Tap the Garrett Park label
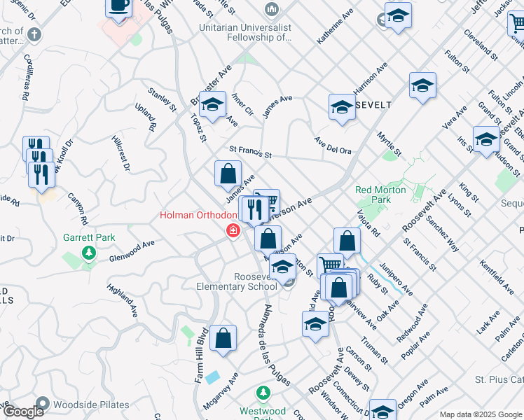tap(89, 237)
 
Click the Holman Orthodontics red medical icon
tap(232, 230)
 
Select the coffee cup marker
tap(118, 6)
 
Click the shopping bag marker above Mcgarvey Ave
tap(222, 339)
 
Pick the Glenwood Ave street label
tap(132, 252)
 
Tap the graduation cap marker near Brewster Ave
tap(212, 106)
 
